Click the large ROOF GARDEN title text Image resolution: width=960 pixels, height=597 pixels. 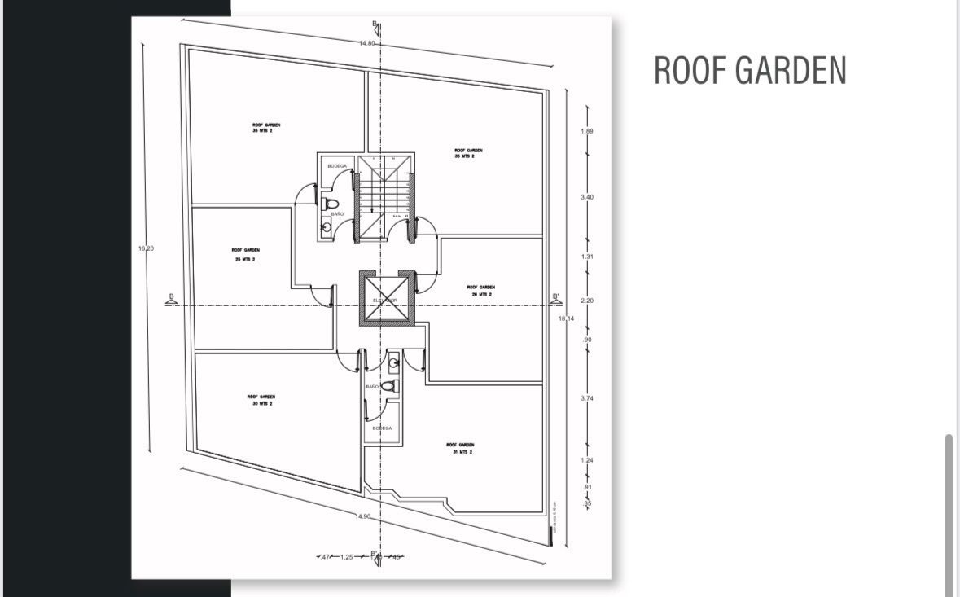(750, 71)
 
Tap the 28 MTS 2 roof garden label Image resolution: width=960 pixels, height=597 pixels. (266, 128)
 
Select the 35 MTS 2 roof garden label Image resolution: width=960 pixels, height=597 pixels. (468, 153)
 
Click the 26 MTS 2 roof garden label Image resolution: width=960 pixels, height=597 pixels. (480, 290)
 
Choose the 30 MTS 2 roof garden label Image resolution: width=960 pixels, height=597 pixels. (261, 400)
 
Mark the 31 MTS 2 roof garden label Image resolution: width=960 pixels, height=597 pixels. (460, 448)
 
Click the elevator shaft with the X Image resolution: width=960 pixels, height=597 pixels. (387, 297)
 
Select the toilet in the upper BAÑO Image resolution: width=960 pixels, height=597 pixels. (331, 203)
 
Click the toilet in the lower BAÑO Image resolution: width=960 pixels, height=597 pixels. (389, 386)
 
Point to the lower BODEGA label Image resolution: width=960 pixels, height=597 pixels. (383, 428)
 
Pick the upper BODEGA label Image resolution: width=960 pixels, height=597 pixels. (337, 165)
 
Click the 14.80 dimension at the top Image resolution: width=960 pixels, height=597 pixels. (367, 42)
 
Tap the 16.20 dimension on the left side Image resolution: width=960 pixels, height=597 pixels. (146, 248)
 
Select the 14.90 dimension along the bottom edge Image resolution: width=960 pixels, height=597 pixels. (363, 516)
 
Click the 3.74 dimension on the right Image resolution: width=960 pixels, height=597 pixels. (587, 397)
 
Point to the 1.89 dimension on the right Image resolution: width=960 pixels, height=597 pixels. (587, 131)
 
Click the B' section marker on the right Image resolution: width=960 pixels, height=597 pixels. (557, 298)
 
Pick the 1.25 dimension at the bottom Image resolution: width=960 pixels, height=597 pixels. (347, 557)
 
